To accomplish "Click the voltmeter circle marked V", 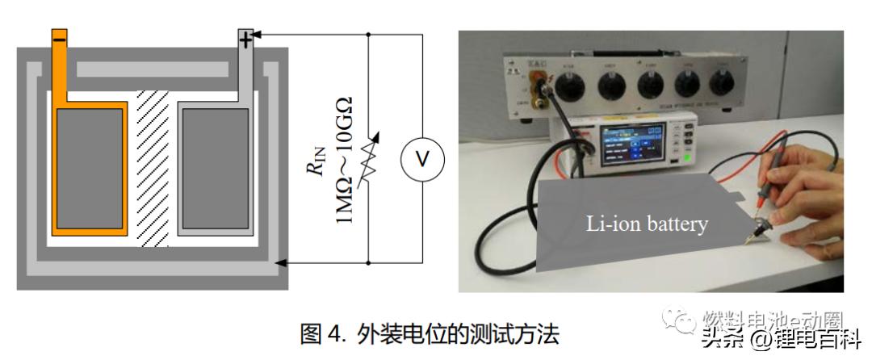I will pos(421,160).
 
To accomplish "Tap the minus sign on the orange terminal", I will pos(60,38).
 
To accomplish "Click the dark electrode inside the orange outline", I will pos(89,168).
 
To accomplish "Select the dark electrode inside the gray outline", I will pos(214,168).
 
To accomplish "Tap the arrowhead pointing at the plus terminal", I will pos(260,35).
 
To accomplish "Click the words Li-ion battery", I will pos(647,224).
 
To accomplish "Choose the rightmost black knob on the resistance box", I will pos(723,83).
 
